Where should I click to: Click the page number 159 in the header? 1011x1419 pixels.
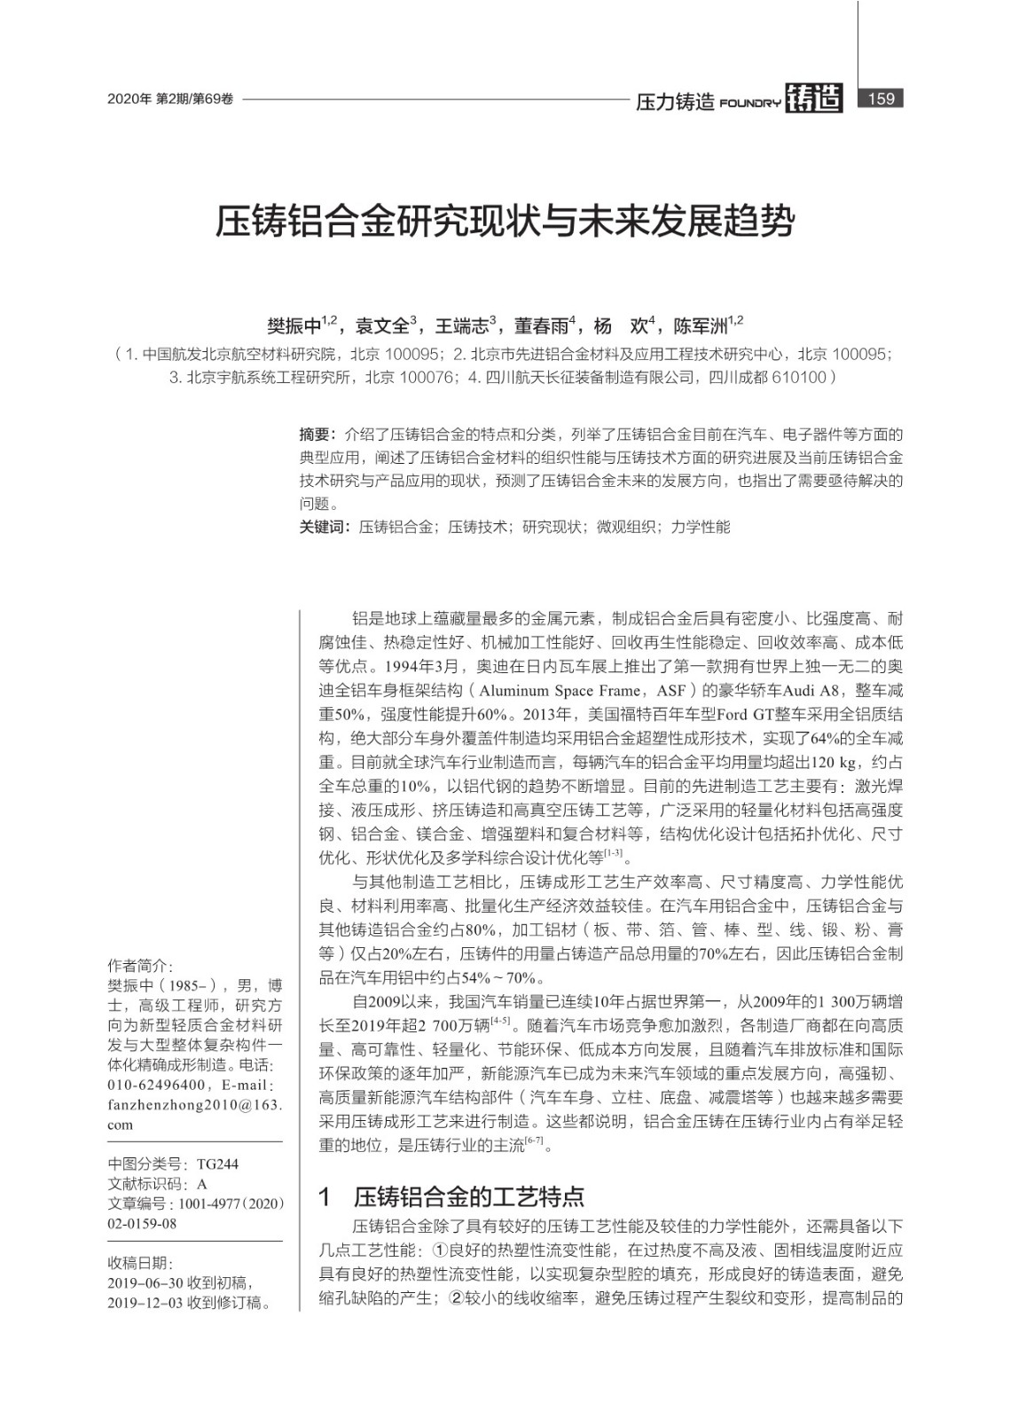(881, 98)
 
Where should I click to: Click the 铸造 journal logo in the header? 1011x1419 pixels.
(813, 98)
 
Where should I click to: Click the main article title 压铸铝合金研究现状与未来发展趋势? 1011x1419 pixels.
(505, 222)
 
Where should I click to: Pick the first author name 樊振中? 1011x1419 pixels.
(294, 325)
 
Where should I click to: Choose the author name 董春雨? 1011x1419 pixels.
(541, 325)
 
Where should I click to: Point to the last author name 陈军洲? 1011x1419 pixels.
(700, 325)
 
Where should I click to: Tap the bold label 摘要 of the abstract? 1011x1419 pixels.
(315, 435)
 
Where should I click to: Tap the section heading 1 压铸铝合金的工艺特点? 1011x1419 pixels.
(451, 1197)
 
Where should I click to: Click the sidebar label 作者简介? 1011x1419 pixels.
(139, 966)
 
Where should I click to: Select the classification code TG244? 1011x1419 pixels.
(217, 1164)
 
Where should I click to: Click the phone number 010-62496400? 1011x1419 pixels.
(157, 1085)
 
